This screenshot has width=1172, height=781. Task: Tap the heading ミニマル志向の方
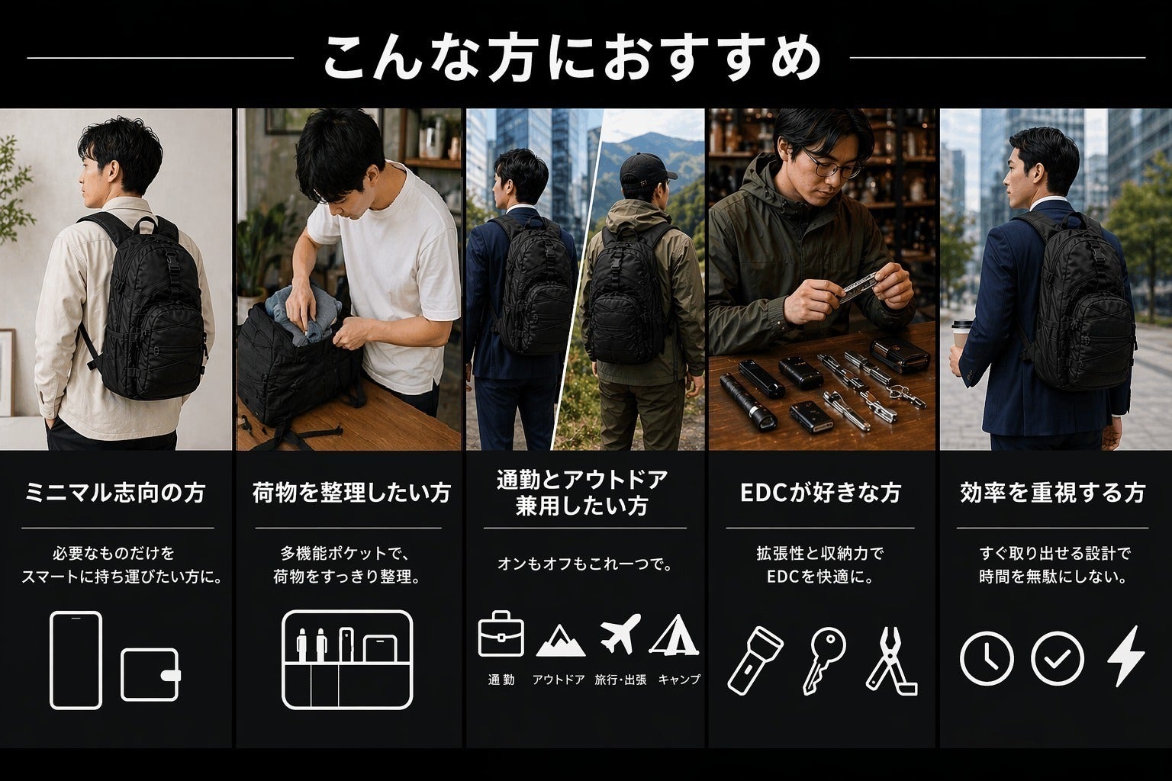(x=116, y=493)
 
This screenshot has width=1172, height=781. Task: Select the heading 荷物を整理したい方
(x=351, y=493)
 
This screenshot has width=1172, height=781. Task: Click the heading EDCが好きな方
(x=820, y=493)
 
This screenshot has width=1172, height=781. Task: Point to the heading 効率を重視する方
(x=1053, y=493)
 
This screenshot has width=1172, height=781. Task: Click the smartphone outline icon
(x=76, y=660)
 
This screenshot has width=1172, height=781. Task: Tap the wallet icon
(x=150, y=675)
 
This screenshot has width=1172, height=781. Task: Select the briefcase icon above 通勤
(x=501, y=634)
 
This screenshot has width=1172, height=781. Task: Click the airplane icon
(x=620, y=634)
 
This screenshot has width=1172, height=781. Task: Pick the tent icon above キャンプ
(x=675, y=635)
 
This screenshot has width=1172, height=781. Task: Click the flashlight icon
(x=755, y=660)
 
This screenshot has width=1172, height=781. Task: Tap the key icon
(x=823, y=660)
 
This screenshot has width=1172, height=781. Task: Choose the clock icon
(x=987, y=659)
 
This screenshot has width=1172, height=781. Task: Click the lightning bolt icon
(x=1126, y=656)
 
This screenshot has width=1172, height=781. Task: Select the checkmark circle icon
(x=1057, y=659)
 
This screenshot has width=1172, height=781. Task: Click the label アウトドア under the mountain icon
(x=559, y=680)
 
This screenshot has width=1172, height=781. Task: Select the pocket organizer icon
(x=347, y=660)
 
